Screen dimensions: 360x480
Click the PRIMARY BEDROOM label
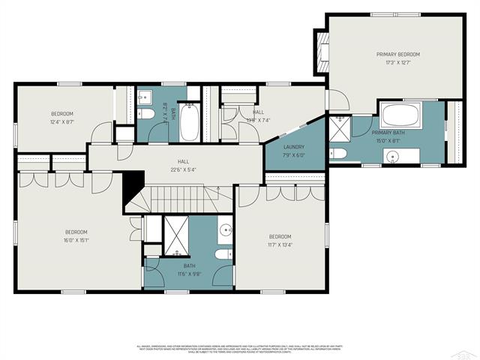[x=397, y=55]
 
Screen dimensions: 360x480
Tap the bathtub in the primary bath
[x=401, y=116]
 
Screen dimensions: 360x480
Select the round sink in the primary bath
[x=391, y=156]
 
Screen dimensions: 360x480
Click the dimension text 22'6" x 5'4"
[x=182, y=169]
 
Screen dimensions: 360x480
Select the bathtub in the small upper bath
[x=189, y=123]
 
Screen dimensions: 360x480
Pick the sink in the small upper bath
[x=143, y=97]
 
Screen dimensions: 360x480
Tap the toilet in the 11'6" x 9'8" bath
[x=223, y=255]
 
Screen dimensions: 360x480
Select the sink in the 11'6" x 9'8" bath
[x=226, y=230]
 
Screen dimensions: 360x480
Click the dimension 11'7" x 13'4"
[x=280, y=242]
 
